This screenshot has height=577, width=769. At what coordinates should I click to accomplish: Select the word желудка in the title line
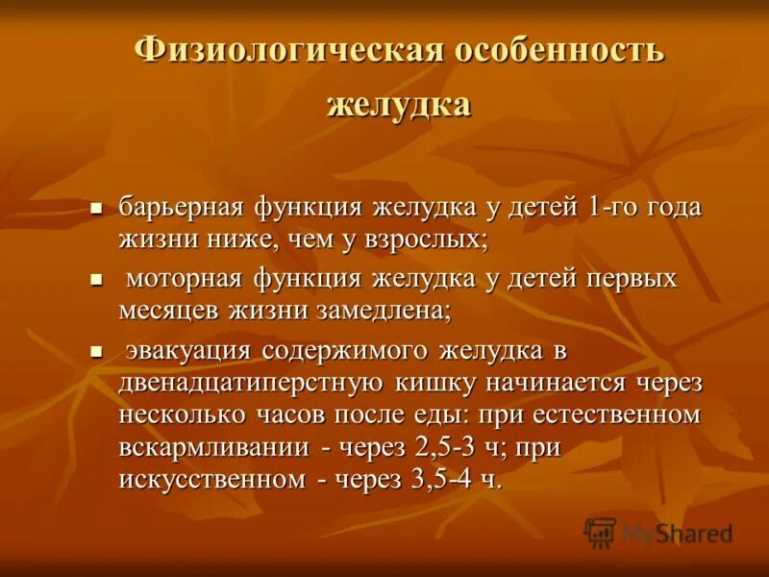click(x=398, y=104)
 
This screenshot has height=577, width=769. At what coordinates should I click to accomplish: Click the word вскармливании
click(x=214, y=448)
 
